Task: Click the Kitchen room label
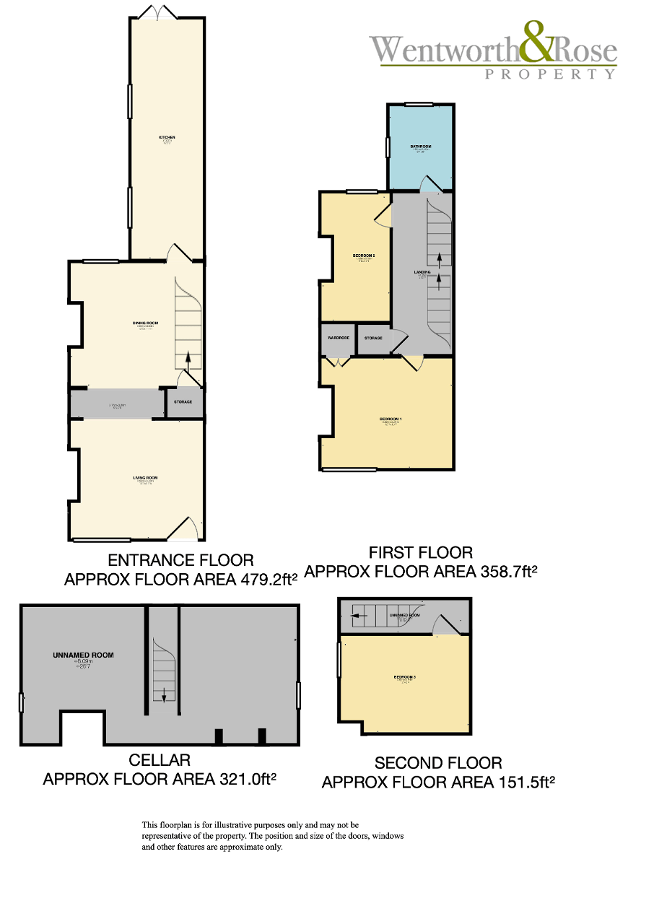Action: point(167,137)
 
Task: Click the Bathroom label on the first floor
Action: point(421,147)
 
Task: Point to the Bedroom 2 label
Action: point(363,256)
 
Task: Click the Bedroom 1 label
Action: point(391,419)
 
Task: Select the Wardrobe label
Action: point(339,338)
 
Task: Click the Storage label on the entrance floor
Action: point(183,401)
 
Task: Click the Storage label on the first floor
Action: point(373,338)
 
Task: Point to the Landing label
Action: point(422,272)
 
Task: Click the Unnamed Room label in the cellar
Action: point(83,655)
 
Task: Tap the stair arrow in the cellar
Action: point(164,694)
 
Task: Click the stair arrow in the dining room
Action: point(188,358)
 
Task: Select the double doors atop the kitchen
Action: point(157,12)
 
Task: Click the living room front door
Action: point(182,531)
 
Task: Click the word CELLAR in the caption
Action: point(160,760)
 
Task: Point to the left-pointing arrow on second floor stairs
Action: point(355,616)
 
